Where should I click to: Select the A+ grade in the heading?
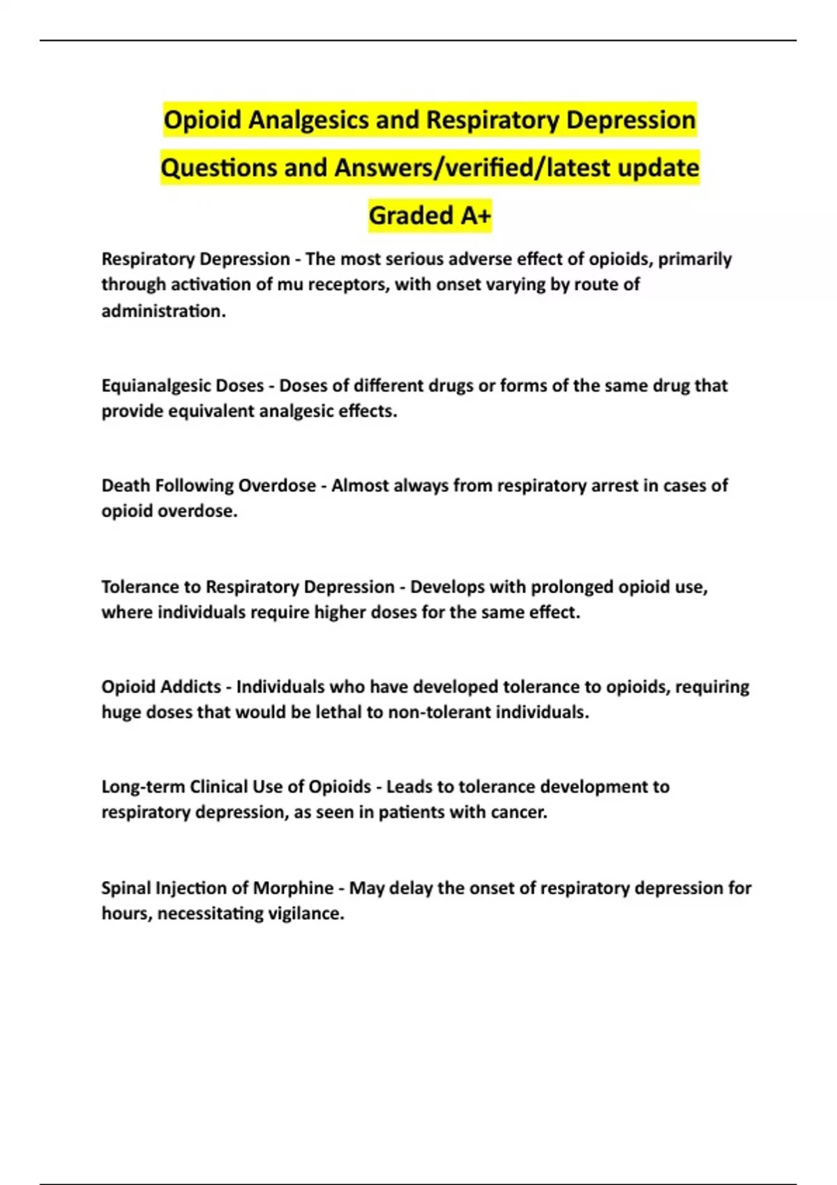(x=475, y=216)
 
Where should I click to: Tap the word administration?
(x=163, y=311)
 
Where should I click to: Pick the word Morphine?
(x=293, y=888)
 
